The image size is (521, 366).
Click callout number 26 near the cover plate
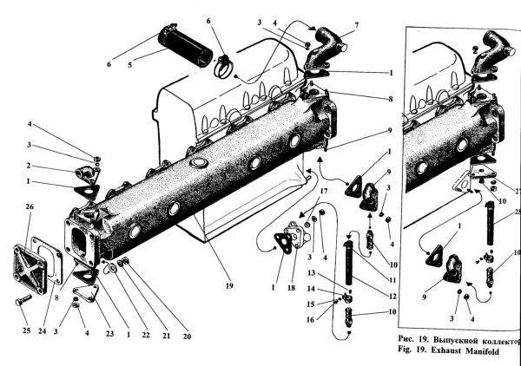29,208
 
